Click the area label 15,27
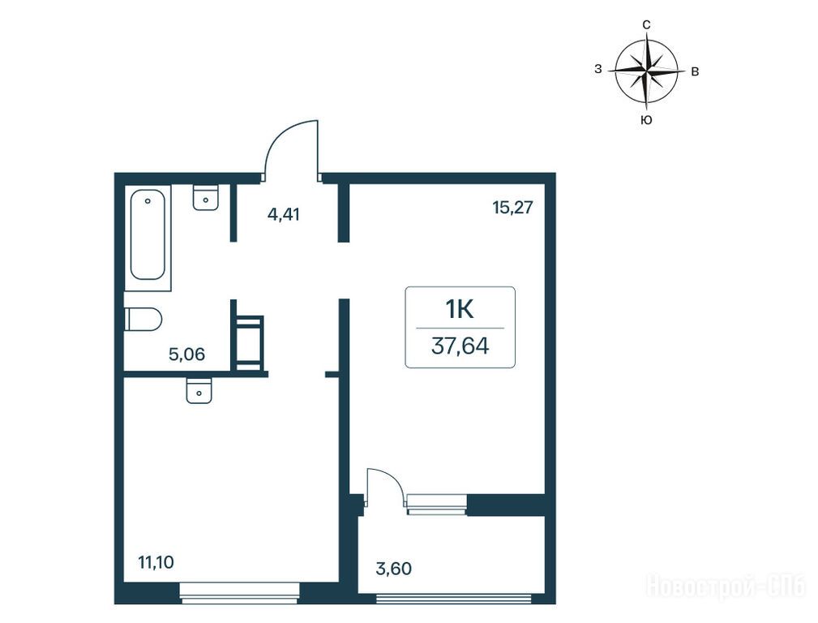tap(513, 208)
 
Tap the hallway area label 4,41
tap(283, 214)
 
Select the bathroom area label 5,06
tap(186, 354)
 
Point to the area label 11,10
tap(156, 562)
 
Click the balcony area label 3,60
tap(394, 568)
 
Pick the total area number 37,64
tap(460, 346)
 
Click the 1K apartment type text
tap(459, 310)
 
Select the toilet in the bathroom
tap(143, 319)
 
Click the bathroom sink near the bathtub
tap(206, 197)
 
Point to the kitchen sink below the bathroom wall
tap(199, 390)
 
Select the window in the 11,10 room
tap(239, 594)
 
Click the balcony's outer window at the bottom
tap(454, 599)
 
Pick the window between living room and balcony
tap(436, 504)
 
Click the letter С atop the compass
tap(646, 24)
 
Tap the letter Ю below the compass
tap(646, 120)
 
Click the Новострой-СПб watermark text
tap(726, 586)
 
